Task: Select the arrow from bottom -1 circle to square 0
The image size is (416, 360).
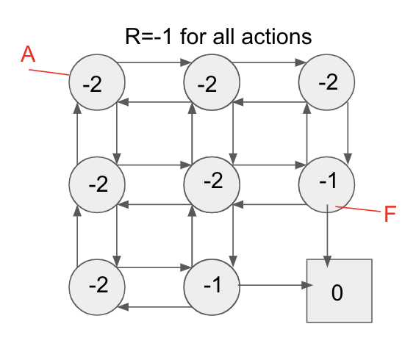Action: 272,285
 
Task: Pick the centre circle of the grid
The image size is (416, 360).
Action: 212,182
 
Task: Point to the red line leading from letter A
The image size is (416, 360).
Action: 50,73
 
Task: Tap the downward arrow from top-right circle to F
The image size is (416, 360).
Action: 348,132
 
